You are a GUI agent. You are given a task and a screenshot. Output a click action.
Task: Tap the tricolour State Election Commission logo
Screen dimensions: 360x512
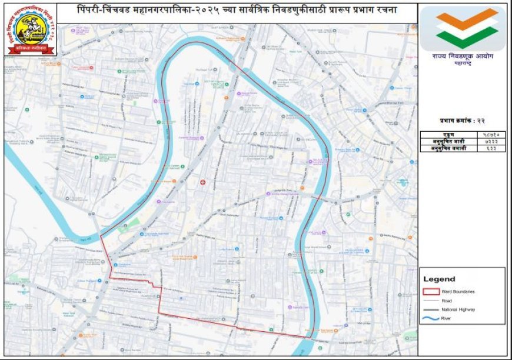coord(462,28)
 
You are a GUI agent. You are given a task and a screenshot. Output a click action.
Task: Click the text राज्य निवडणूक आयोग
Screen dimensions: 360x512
coord(463,57)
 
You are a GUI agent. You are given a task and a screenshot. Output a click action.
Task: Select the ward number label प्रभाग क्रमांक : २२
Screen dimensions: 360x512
coord(463,120)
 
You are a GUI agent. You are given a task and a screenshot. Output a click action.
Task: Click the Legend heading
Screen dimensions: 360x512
coord(439,279)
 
